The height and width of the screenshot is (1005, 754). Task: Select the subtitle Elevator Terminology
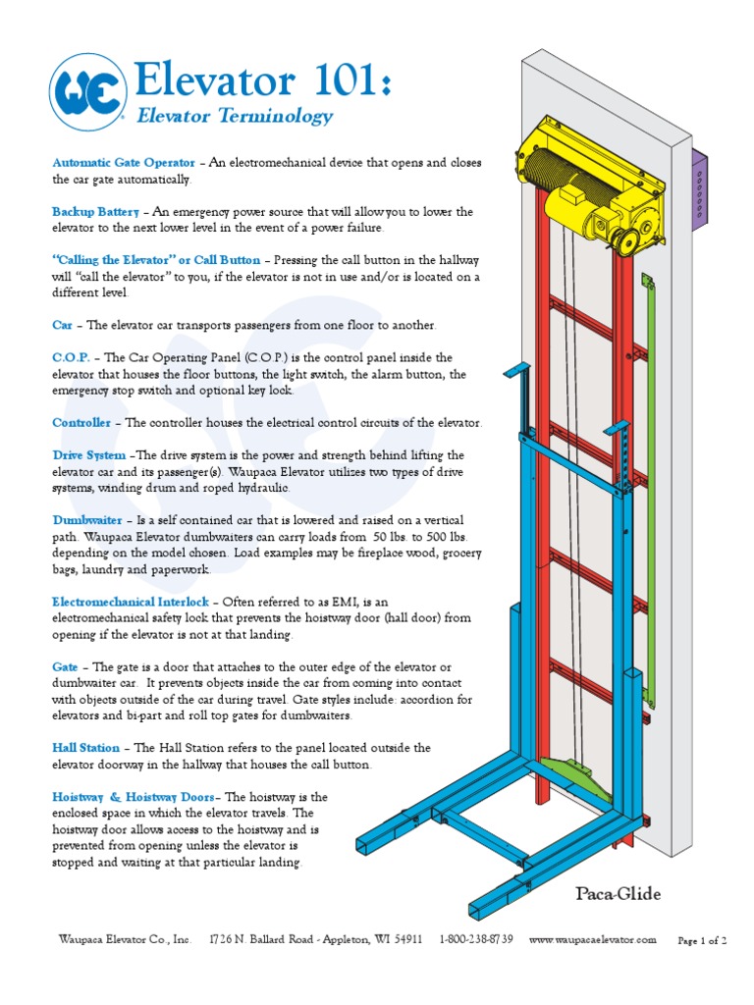[x=235, y=117]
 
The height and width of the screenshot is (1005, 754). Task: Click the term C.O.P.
[x=71, y=358]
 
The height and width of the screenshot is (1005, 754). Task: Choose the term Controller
[x=81, y=423]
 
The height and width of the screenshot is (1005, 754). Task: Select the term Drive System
[x=88, y=455]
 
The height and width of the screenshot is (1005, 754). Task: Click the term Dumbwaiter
[x=86, y=519]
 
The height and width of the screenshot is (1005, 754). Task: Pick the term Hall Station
[x=86, y=748]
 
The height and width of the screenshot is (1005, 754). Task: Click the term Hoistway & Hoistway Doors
[x=137, y=797]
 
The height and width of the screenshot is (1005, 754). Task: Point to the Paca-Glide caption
[x=618, y=894]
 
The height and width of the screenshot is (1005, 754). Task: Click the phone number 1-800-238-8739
[x=476, y=939]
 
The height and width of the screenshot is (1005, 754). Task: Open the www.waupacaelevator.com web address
[x=592, y=939]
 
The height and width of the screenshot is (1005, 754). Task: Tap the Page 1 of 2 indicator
[x=703, y=940]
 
